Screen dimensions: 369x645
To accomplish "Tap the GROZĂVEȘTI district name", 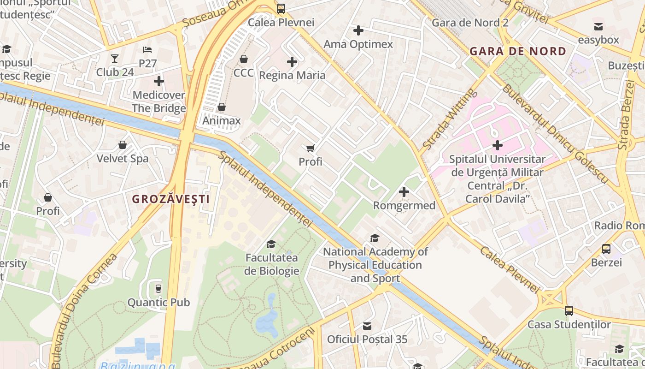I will (170, 199).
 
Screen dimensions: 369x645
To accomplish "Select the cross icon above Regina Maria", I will (292, 62).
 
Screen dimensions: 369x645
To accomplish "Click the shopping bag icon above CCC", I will (243, 60).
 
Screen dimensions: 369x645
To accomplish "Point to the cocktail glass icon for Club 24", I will (115, 59).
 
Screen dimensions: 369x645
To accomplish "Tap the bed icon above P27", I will (147, 50).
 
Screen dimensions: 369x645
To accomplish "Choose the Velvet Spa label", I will (122, 159).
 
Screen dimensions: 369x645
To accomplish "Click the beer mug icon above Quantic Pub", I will (158, 289).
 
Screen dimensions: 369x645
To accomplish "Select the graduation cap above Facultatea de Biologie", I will (271, 244).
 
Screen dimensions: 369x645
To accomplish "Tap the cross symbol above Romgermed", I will (404, 192).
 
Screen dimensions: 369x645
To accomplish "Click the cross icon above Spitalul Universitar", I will (497, 145).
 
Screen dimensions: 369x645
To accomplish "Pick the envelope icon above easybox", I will (598, 26).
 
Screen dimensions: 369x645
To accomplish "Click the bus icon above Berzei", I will (606, 249).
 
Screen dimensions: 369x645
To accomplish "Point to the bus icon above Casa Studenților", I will (569, 311).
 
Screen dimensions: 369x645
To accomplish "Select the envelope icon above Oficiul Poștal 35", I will (367, 326).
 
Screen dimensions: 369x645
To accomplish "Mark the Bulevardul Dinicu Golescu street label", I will (555, 134).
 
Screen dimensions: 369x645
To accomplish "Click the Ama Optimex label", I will (358, 44).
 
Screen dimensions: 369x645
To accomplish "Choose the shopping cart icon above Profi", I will (311, 148).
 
